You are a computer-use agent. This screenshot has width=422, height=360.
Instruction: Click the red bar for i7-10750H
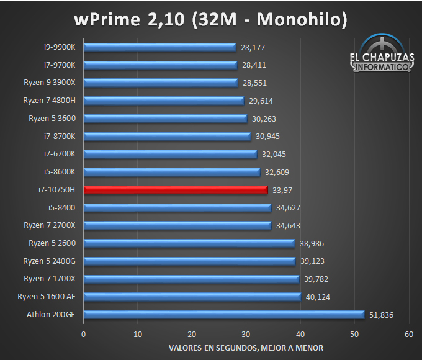click(176, 190)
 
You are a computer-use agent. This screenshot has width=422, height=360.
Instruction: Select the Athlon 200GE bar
click(223, 315)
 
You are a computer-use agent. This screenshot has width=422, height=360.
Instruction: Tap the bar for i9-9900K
click(159, 47)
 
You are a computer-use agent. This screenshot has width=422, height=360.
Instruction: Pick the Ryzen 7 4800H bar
click(163, 101)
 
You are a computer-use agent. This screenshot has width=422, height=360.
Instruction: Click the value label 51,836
click(380, 315)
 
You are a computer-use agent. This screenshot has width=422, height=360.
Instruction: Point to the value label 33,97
click(283, 190)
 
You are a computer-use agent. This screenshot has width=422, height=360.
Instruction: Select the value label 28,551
click(255, 83)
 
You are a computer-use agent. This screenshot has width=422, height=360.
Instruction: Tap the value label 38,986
click(312, 243)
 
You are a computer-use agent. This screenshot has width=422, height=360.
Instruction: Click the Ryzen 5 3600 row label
click(52, 118)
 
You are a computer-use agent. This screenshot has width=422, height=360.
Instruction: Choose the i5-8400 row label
click(61, 207)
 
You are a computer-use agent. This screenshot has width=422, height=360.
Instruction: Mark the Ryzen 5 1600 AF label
click(47, 297)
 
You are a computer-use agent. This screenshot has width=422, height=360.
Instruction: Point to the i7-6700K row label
click(60, 154)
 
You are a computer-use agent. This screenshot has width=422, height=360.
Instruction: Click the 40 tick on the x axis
click(300, 334)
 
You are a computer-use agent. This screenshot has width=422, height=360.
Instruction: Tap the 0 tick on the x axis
click(84, 334)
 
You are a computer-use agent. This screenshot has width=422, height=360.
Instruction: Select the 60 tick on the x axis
click(408, 334)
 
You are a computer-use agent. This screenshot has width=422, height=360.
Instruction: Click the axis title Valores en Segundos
click(245, 347)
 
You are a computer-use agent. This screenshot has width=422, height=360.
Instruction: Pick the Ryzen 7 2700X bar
click(177, 225)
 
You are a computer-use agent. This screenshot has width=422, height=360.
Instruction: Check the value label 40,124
click(318, 297)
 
